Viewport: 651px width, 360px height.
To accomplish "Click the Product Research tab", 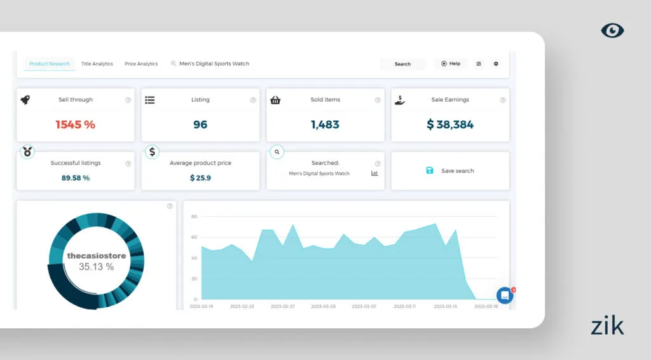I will coord(49,64).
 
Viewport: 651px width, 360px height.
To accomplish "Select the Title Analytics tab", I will coord(97,64).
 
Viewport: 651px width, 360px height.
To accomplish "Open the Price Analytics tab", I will coord(141,64).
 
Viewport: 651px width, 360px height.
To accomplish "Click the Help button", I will coord(451,64).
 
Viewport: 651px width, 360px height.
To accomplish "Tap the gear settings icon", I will coord(496,64).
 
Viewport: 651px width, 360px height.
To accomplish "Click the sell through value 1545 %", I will coord(75,125).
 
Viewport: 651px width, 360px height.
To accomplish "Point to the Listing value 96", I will coord(200,125).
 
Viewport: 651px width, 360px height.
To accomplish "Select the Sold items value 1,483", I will coord(325,125).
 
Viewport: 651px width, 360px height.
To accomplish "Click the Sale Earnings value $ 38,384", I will coord(450,125).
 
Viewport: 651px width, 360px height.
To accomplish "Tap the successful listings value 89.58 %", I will coord(76,178).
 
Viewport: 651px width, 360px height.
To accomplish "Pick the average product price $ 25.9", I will coord(200,178).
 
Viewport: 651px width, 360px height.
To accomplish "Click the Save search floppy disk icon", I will coord(430,170).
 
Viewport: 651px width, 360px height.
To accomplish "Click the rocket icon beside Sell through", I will coord(25,100).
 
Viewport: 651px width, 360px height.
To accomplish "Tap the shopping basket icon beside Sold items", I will coord(275,100).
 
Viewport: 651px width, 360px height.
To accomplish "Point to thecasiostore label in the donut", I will coord(97,256).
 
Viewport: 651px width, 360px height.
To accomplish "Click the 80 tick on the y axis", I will coord(194,217).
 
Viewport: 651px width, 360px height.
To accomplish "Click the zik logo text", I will coord(607,326).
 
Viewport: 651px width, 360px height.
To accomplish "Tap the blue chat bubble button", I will coord(505,295).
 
